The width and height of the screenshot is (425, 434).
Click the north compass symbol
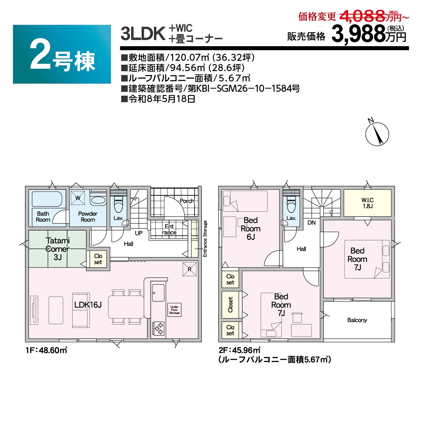pyautogui.click(x=377, y=134)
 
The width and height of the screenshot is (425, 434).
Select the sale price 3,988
pyautogui.click(x=358, y=34)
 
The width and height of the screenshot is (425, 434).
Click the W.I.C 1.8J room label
pyautogui.click(x=367, y=203)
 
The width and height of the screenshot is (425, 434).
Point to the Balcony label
pyautogui.click(x=357, y=320)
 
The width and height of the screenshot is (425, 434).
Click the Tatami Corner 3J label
pyautogui.click(x=57, y=249)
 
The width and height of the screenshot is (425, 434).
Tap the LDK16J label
pyautogui.click(x=88, y=305)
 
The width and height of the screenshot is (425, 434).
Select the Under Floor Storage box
pyautogui.click(x=174, y=310)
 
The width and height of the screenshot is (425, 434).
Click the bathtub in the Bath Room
pyautogui.click(x=47, y=199)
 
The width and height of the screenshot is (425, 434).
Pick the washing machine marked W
pyautogui.click(x=78, y=198)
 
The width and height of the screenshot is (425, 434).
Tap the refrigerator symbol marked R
pyautogui.click(x=189, y=269)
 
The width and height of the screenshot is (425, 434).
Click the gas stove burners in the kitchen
pyautogui.click(x=158, y=328)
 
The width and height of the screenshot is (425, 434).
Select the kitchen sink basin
pyautogui.click(x=158, y=293)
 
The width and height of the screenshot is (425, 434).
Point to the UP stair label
pyautogui.click(x=139, y=233)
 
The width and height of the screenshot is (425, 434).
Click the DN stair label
pyautogui.click(x=311, y=223)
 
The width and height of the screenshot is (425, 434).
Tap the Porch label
pyautogui.click(x=187, y=201)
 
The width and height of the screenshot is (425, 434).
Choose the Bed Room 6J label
pyautogui.click(x=250, y=228)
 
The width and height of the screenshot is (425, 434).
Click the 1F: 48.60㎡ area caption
pyautogui.click(x=46, y=350)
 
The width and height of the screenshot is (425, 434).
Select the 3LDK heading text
pyautogui.click(x=143, y=34)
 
